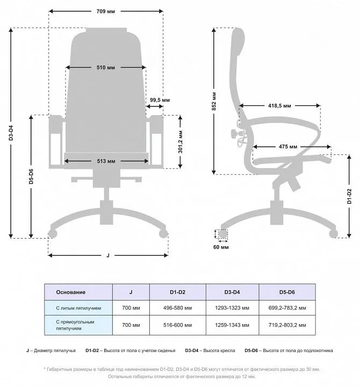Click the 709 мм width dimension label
click(106, 11)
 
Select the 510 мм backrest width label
click(106, 67)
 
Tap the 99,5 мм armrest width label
click(160, 100)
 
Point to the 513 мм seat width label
click(106, 161)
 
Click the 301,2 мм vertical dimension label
click(181, 142)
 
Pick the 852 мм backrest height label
click(214, 101)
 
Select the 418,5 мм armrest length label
click(279, 106)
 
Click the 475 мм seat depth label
click(288, 147)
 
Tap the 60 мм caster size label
click(221, 247)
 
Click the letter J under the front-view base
click(108, 255)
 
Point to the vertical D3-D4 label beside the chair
click(11, 133)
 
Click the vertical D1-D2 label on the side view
click(349, 196)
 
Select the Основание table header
click(70, 292)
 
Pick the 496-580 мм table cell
click(177, 308)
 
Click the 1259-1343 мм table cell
click(232, 325)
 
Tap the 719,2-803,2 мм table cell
click(287, 325)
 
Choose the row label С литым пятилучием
click(78, 308)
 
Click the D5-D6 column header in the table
click(287, 292)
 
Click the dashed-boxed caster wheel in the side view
click(223, 234)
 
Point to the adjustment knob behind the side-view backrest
click(234, 134)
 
